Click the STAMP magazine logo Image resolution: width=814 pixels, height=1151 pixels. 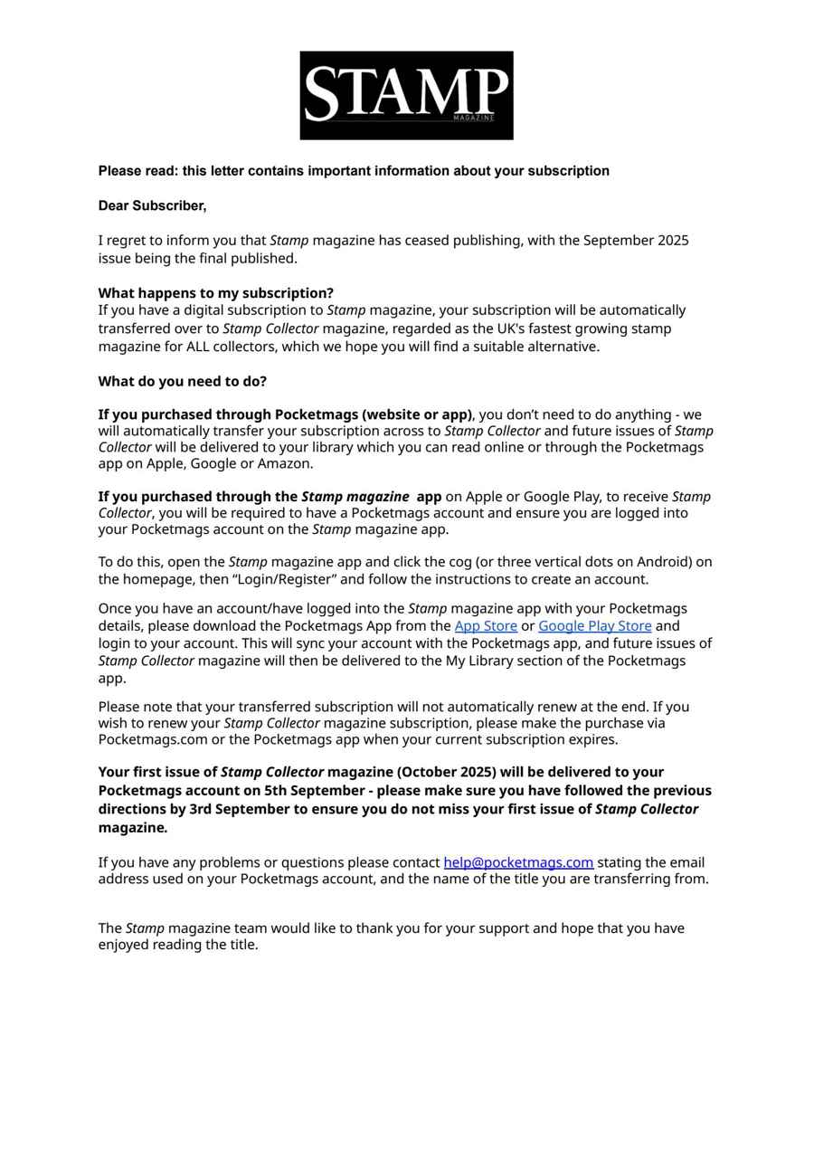[406, 95]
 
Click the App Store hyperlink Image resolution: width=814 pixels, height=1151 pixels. [485, 625]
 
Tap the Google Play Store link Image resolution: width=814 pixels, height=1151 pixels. [594, 625]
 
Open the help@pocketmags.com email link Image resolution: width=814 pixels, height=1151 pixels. [518, 862]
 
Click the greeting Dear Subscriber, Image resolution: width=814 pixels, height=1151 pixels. [152, 205]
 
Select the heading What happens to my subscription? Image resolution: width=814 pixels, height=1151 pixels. [215, 293]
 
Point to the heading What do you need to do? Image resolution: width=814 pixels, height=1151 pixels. [182, 381]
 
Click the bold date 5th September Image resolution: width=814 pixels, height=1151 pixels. [309, 790]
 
